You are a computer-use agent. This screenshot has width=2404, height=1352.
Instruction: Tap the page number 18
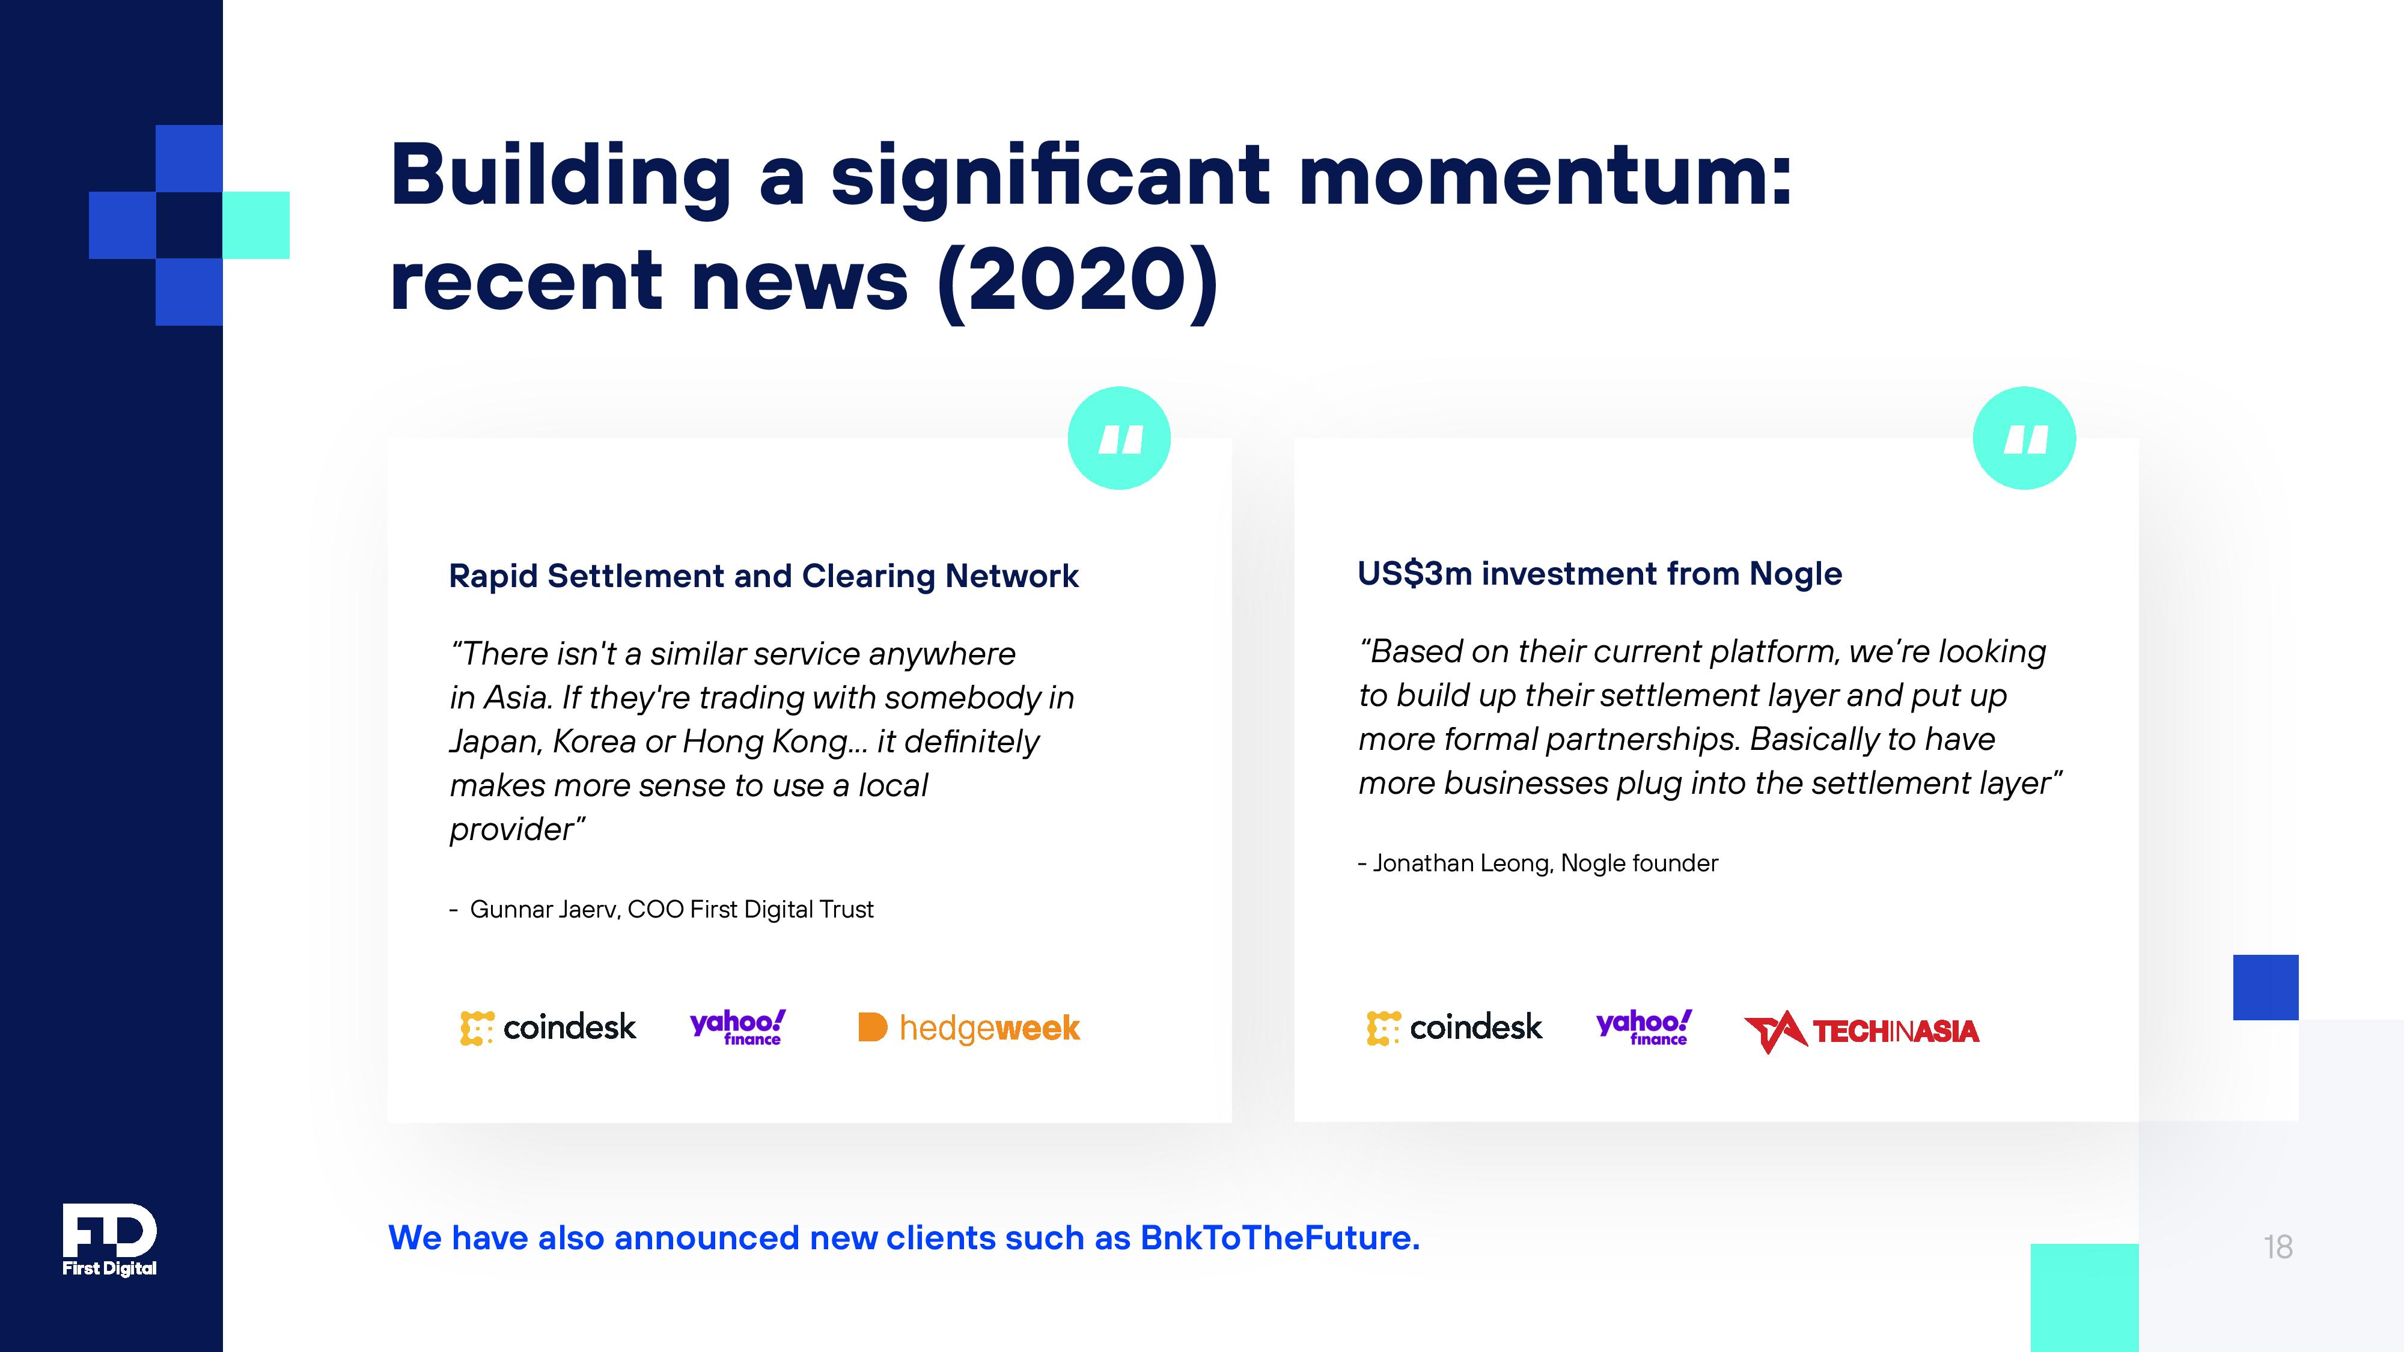click(2277, 1247)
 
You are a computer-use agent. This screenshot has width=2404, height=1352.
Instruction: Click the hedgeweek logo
click(969, 1028)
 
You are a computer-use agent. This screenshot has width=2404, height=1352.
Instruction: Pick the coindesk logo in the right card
click(1454, 1028)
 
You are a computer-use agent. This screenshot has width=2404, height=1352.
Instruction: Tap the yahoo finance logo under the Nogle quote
click(1643, 1028)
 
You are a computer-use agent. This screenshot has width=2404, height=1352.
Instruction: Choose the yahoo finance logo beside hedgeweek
click(737, 1028)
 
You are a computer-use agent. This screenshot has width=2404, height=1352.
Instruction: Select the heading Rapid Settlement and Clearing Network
click(763, 577)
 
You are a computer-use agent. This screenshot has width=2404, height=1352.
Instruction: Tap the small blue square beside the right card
click(2265, 987)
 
